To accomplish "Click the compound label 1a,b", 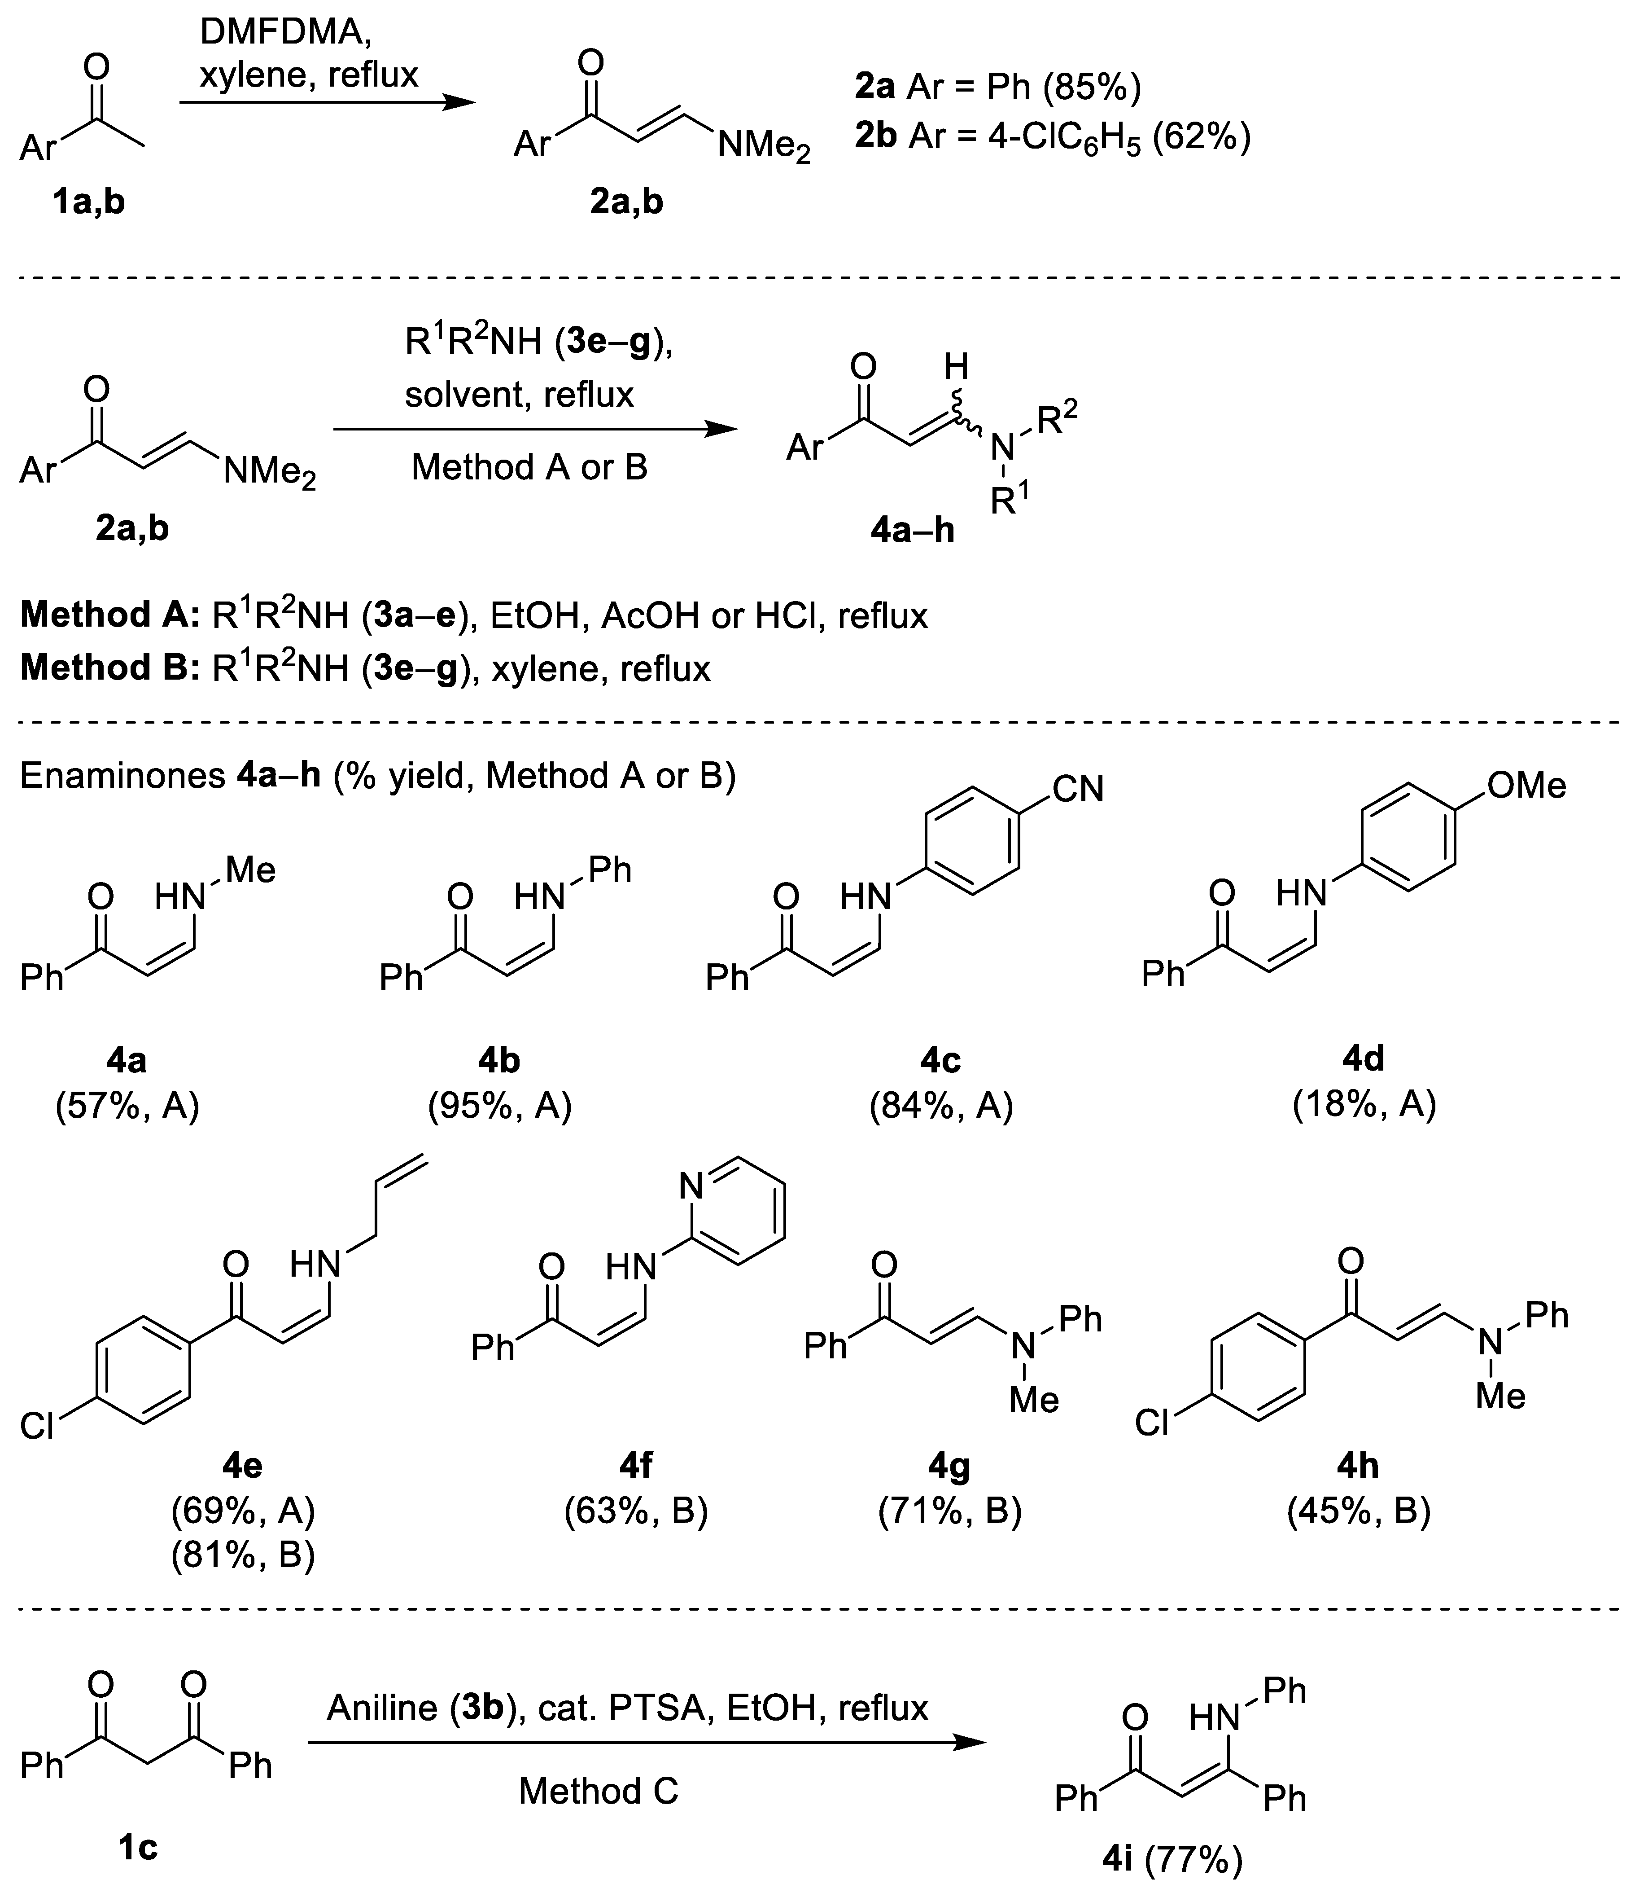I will [x=88, y=201].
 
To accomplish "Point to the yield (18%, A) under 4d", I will [x=1364, y=1105].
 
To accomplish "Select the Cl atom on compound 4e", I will [x=36, y=1425].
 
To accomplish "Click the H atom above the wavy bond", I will [x=955, y=367].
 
